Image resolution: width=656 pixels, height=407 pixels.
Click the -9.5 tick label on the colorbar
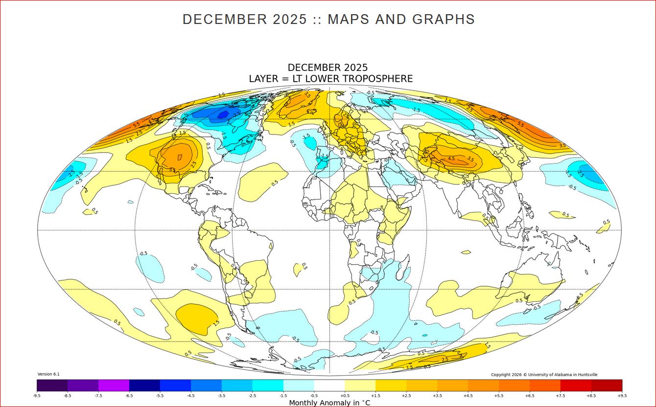[x=37, y=395]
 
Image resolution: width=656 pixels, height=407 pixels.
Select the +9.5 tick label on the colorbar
[x=622, y=395]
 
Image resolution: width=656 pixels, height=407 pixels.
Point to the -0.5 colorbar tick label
[x=314, y=395]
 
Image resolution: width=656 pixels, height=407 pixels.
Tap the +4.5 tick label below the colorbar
[x=468, y=395]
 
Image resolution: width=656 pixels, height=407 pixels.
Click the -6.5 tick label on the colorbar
[x=129, y=395]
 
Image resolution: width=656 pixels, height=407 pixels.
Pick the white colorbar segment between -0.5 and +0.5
[x=329, y=385]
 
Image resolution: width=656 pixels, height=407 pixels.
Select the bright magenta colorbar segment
[x=114, y=385]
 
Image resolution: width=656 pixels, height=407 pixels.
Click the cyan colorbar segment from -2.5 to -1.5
[x=268, y=385]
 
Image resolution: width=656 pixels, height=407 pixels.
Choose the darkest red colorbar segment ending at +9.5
[x=607, y=385]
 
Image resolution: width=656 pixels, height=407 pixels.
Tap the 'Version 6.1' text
[x=48, y=374]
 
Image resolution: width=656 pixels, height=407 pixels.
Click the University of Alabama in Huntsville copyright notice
[x=544, y=375]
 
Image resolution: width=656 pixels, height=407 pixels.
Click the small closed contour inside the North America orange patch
[x=179, y=157]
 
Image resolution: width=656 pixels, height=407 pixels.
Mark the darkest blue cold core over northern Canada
[x=222, y=114]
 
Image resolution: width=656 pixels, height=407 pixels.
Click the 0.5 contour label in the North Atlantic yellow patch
[x=275, y=183]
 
